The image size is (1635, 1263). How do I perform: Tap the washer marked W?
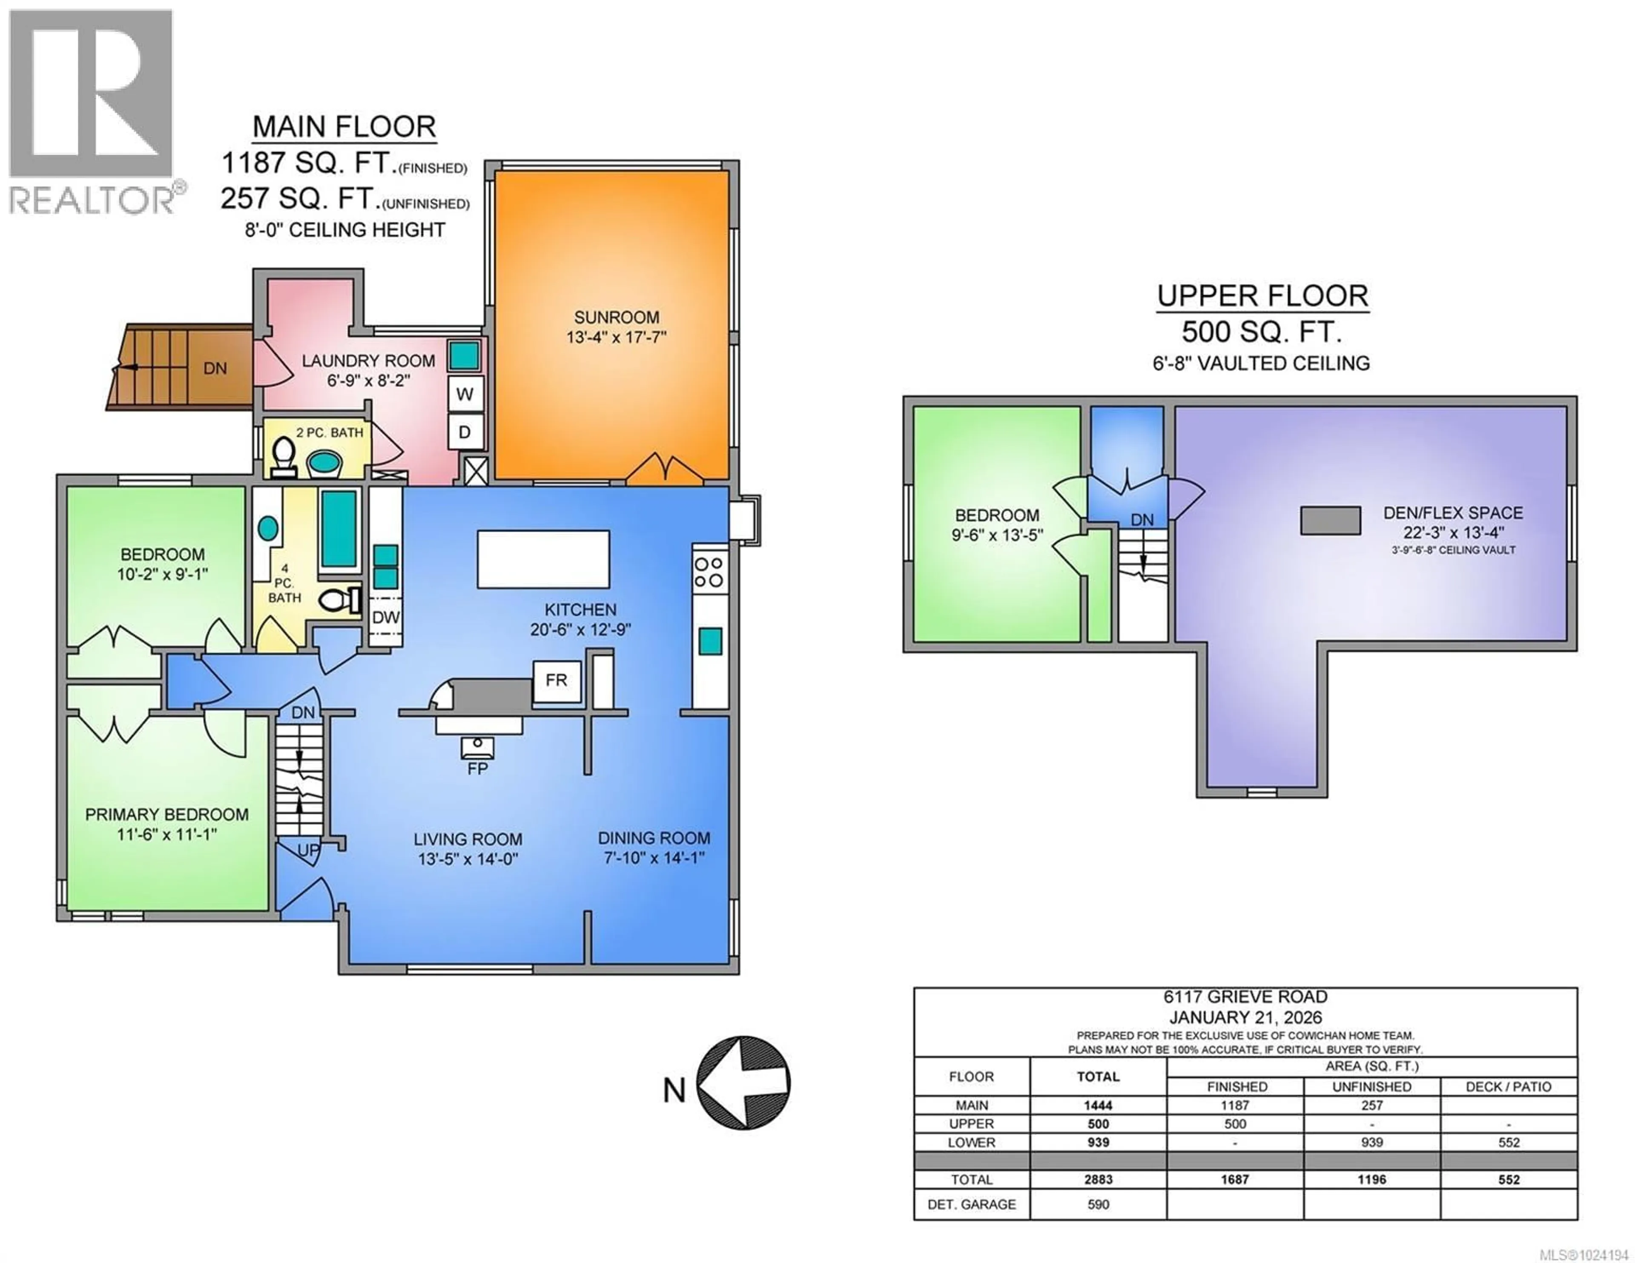[465, 394]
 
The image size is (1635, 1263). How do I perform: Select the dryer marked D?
[465, 432]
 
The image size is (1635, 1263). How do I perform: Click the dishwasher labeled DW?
[385, 617]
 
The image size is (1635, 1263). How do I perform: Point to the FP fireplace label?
[478, 768]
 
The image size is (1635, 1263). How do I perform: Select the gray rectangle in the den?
[1330, 520]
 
